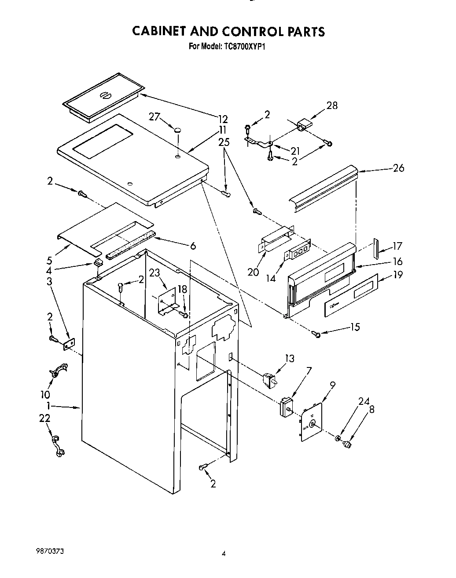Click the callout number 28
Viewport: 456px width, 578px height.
coord(332,105)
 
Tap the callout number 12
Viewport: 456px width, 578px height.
coord(223,119)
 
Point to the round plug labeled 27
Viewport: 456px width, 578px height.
coord(178,130)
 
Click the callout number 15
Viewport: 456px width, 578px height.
coord(355,327)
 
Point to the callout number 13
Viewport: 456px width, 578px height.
coord(289,358)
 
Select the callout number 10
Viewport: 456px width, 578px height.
coord(45,395)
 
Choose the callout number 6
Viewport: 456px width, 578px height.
coord(193,246)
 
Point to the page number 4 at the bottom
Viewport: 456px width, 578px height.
coord(224,554)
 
